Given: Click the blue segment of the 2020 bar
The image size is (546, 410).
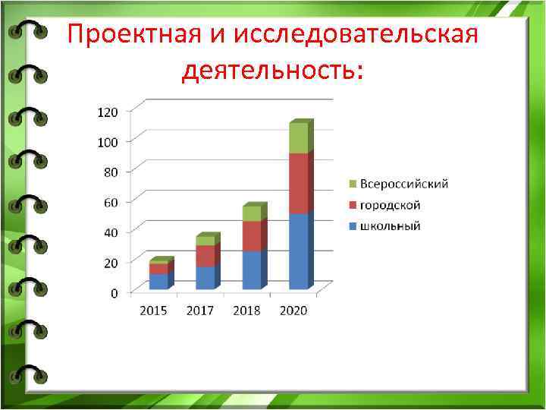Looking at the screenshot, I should (299, 251).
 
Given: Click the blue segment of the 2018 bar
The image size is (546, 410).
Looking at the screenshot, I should (252, 270).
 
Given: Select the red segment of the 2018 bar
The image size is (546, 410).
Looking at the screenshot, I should (252, 236).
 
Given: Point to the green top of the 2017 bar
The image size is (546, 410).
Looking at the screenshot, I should (206, 241).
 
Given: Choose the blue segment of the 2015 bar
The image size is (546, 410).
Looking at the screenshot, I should (159, 281).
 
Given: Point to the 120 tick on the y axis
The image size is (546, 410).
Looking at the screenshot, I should (108, 112).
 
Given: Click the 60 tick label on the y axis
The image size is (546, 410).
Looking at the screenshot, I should (110, 202).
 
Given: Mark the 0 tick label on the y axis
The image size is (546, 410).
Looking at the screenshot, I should (114, 293).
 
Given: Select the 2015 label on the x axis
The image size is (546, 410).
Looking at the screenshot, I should (154, 311).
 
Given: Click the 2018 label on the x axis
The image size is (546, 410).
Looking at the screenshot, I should (246, 311).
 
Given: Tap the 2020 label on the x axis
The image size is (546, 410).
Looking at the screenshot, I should (293, 311).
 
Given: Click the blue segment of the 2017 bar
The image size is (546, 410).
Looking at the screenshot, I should (206, 278).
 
